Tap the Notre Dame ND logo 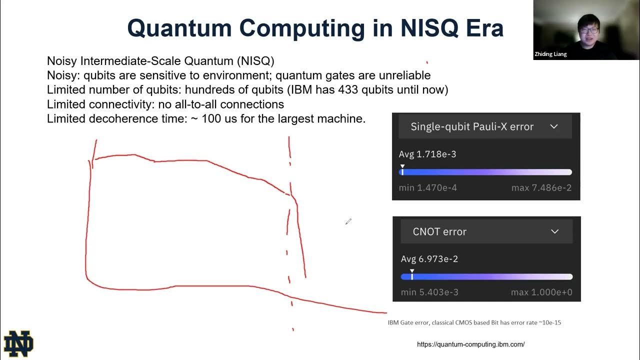point(18,344)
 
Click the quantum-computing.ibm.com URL point(470,344)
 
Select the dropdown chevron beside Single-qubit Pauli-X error point(553,126)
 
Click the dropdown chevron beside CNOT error point(554,231)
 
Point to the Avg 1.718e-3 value point(427,154)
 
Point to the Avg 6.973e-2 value point(429,259)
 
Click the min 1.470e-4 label point(427,188)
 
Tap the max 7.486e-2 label point(541,188)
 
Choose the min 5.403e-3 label point(429,292)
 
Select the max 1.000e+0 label point(541,292)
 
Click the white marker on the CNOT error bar point(412,275)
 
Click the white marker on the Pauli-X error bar point(402,171)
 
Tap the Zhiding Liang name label point(550,54)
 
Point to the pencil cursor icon point(348,221)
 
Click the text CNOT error point(439,231)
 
